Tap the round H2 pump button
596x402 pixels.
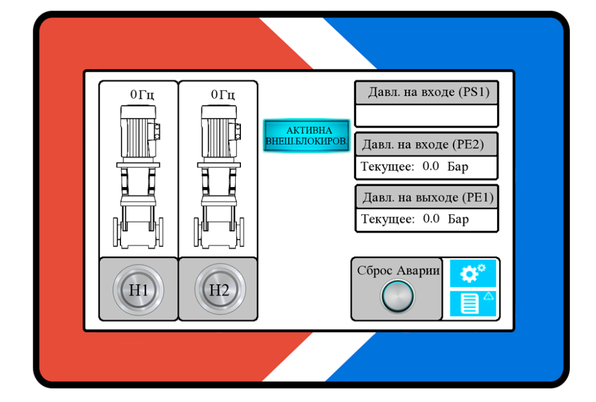219,290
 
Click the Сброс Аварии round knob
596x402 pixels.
398,296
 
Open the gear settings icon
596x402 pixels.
473,273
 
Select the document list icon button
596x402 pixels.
473,304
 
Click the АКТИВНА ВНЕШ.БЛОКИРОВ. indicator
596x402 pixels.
306,136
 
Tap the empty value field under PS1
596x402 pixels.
426,115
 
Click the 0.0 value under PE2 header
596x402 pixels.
431,167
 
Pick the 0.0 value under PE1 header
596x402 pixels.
431,219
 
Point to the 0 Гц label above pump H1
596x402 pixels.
142,94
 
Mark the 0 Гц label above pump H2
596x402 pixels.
223,94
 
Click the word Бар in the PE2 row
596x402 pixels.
458,167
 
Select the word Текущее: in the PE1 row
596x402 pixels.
388,220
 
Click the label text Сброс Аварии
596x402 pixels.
398,270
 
